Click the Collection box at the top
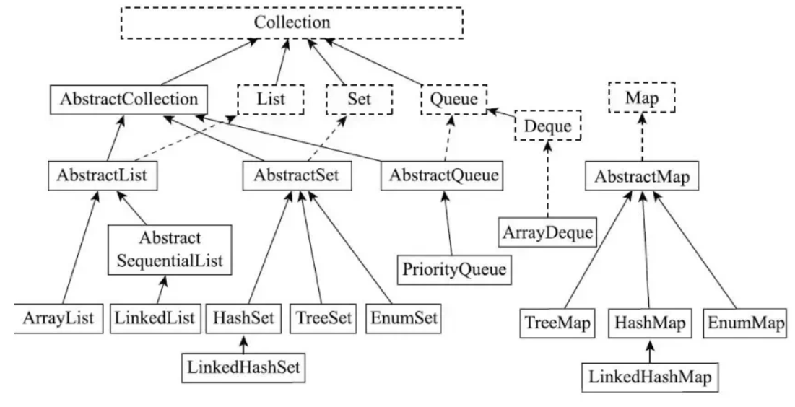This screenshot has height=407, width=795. [x=292, y=22]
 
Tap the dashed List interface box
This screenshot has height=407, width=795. [x=271, y=99]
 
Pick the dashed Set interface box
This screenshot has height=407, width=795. [x=359, y=99]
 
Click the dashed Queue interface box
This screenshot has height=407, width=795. [x=453, y=100]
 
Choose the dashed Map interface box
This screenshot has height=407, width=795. [x=643, y=99]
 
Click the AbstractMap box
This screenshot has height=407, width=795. [x=642, y=177]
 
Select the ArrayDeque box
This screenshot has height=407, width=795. [x=547, y=232]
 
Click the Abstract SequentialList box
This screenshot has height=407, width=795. [x=170, y=249]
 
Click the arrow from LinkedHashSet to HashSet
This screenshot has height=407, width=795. [x=243, y=342]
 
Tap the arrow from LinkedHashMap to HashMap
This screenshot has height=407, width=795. [x=649, y=351]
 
